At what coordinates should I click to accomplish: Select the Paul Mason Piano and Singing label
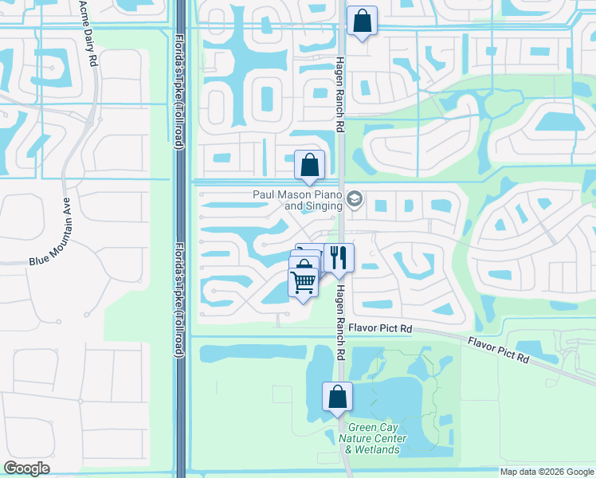click(298, 200)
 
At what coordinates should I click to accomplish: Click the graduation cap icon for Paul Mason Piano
click(355, 199)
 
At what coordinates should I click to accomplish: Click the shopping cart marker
click(302, 281)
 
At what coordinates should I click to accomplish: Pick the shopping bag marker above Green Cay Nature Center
click(337, 396)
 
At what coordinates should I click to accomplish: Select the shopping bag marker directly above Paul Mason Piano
click(309, 165)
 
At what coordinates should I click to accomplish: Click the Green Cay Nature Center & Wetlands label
click(367, 438)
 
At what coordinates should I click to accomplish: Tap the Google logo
click(26, 468)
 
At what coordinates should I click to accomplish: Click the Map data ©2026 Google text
click(546, 472)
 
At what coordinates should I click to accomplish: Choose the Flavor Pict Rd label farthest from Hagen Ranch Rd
click(500, 350)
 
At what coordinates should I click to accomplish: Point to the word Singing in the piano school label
click(323, 206)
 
